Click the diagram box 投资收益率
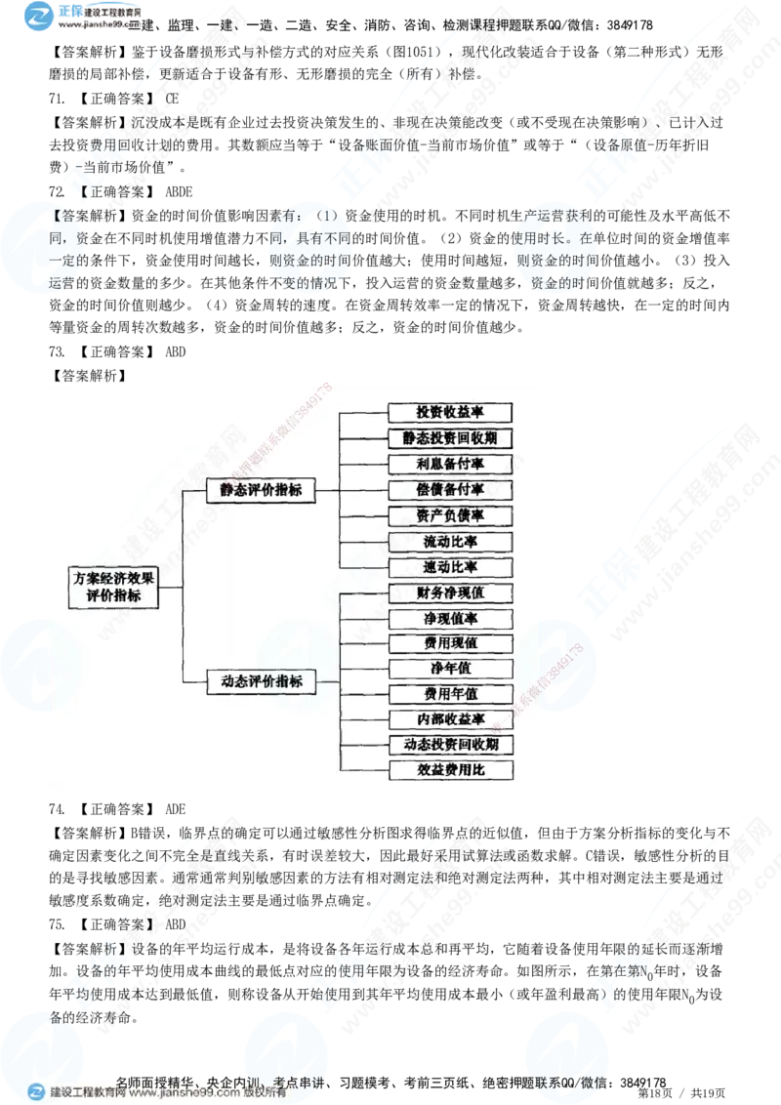coord(450,412)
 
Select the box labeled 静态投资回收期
coord(450,438)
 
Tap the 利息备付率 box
coord(450,464)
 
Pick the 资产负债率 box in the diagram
coord(450,515)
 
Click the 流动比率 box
coord(450,541)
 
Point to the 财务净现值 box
coord(450,593)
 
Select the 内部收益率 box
coord(450,718)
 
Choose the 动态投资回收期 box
coord(450,744)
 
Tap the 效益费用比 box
coord(450,769)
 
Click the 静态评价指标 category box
coord(260,490)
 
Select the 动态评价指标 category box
coord(261,681)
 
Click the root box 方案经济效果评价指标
coord(113,587)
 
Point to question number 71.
coord(57,99)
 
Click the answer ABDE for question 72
coord(179,191)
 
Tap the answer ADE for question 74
coord(176,809)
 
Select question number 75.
coord(57,924)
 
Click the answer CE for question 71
coord(172,99)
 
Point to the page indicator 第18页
coord(655,1093)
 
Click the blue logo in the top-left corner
coord(38,16)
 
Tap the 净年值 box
coord(450,668)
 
